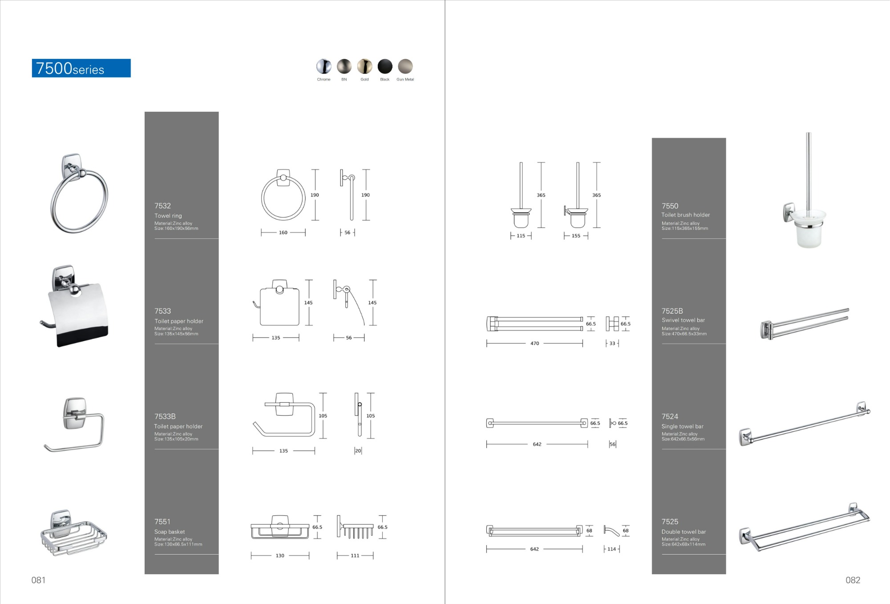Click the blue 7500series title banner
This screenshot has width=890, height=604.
tap(81, 68)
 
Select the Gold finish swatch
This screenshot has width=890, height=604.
tap(364, 66)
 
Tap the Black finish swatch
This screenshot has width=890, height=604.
tap(385, 66)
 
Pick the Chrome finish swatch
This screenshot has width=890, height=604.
tap(324, 66)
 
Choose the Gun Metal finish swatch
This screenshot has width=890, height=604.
tap(405, 66)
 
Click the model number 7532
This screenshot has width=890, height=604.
tap(162, 206)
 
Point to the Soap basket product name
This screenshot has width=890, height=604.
tap(170, 532)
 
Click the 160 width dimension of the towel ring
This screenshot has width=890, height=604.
tap(283, 233)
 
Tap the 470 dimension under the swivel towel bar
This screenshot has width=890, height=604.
tap(534, 343)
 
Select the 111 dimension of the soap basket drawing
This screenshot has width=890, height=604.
tap(355, 555)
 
